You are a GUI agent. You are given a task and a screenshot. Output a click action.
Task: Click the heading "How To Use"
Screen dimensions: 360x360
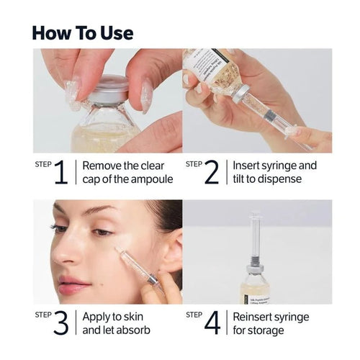(83, 33)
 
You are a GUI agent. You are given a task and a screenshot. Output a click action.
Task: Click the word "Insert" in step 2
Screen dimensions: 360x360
(248, 166)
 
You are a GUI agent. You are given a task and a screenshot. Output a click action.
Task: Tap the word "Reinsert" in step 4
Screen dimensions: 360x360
(256, 317)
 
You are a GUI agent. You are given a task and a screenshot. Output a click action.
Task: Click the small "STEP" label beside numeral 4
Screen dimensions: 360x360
(194, 315)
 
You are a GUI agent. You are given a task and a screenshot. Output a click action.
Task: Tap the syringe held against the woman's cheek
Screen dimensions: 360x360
(131, 266)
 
